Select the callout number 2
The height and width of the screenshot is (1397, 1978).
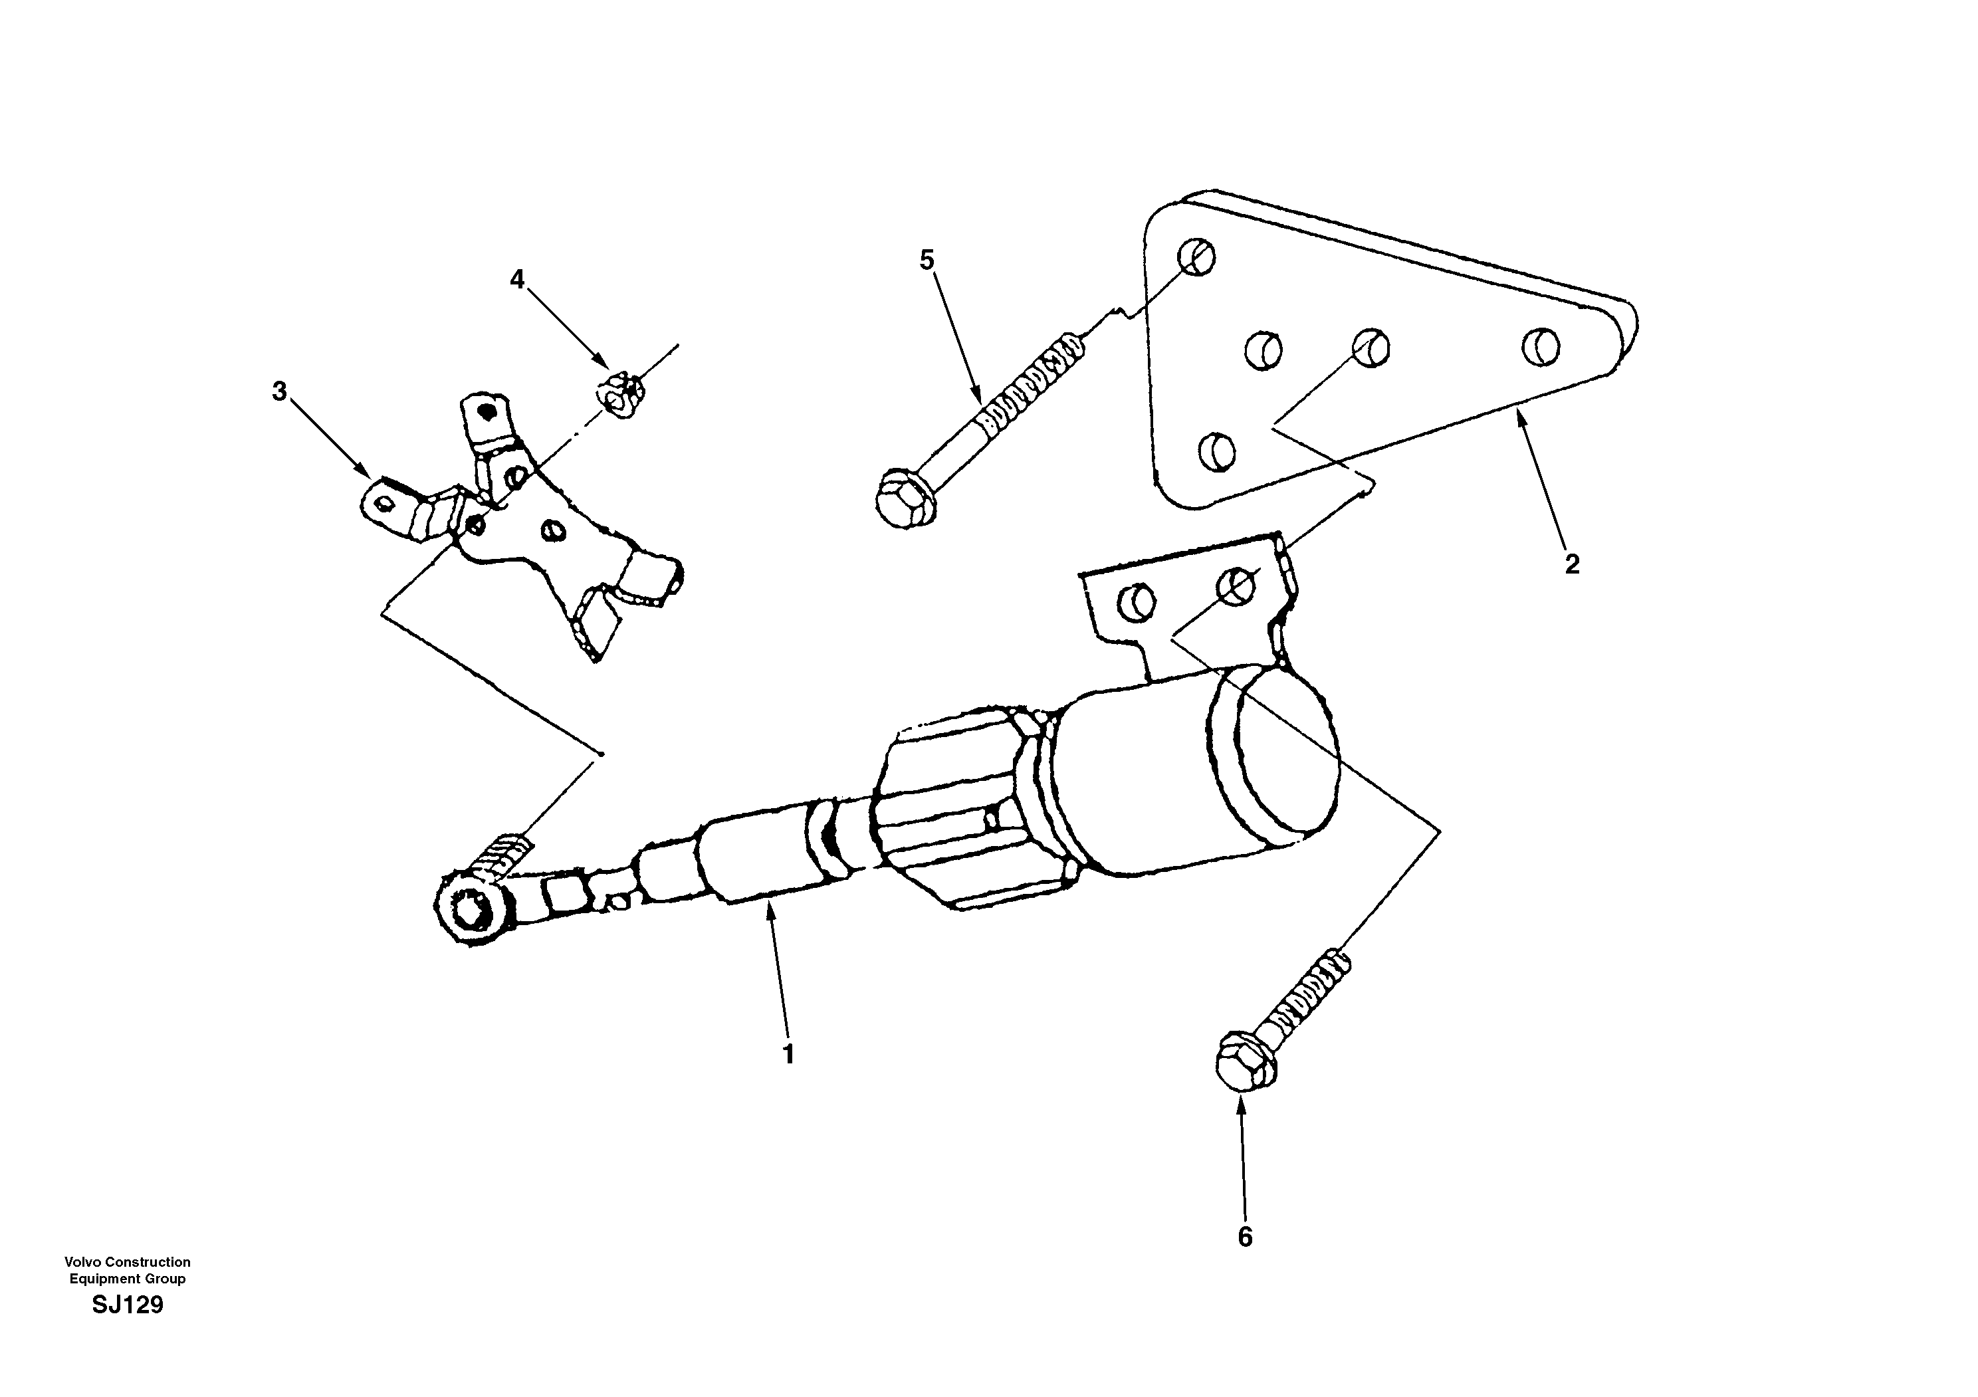tap(1573, 565)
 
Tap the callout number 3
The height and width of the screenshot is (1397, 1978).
tap(279, 392)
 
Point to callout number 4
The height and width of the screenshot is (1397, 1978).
tap(517, 279)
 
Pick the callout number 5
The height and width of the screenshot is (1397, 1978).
tap(927, 259)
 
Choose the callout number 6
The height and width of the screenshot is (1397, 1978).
tap(1245, 1237)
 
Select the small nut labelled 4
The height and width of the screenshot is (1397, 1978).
tap(619, 395)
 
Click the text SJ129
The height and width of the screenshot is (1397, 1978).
tap(128, 1306)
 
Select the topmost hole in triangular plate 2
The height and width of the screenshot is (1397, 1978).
tap(1196, 256)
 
